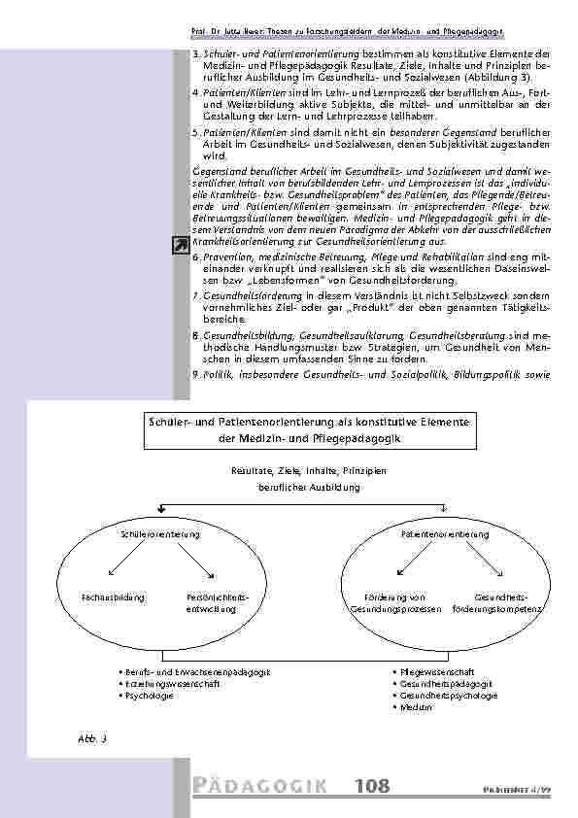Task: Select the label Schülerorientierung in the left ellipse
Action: (x=160, y=535)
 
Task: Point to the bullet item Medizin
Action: (x=415, y=707)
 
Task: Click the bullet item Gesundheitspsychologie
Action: (x=448, y=696)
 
